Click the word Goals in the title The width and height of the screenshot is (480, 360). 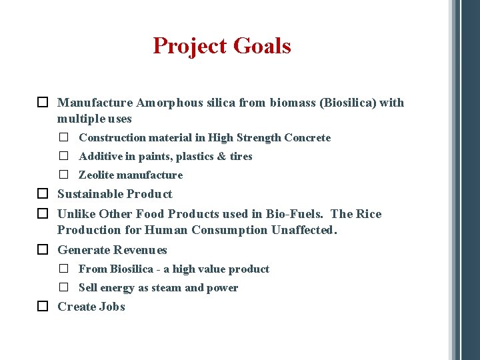pos(263,46)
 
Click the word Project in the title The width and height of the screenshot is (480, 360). pos(191,46)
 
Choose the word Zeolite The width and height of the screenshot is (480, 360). pos(97,175)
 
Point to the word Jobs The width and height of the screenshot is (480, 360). pos(111,307)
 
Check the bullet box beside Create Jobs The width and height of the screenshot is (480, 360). pos(42,307)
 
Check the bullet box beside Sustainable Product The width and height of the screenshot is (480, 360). pos(42,194)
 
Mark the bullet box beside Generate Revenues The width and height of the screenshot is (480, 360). pos(42,250)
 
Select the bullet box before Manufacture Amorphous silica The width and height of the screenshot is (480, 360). pos(42,103)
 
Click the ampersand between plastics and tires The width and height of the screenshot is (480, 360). pos(219,157)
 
